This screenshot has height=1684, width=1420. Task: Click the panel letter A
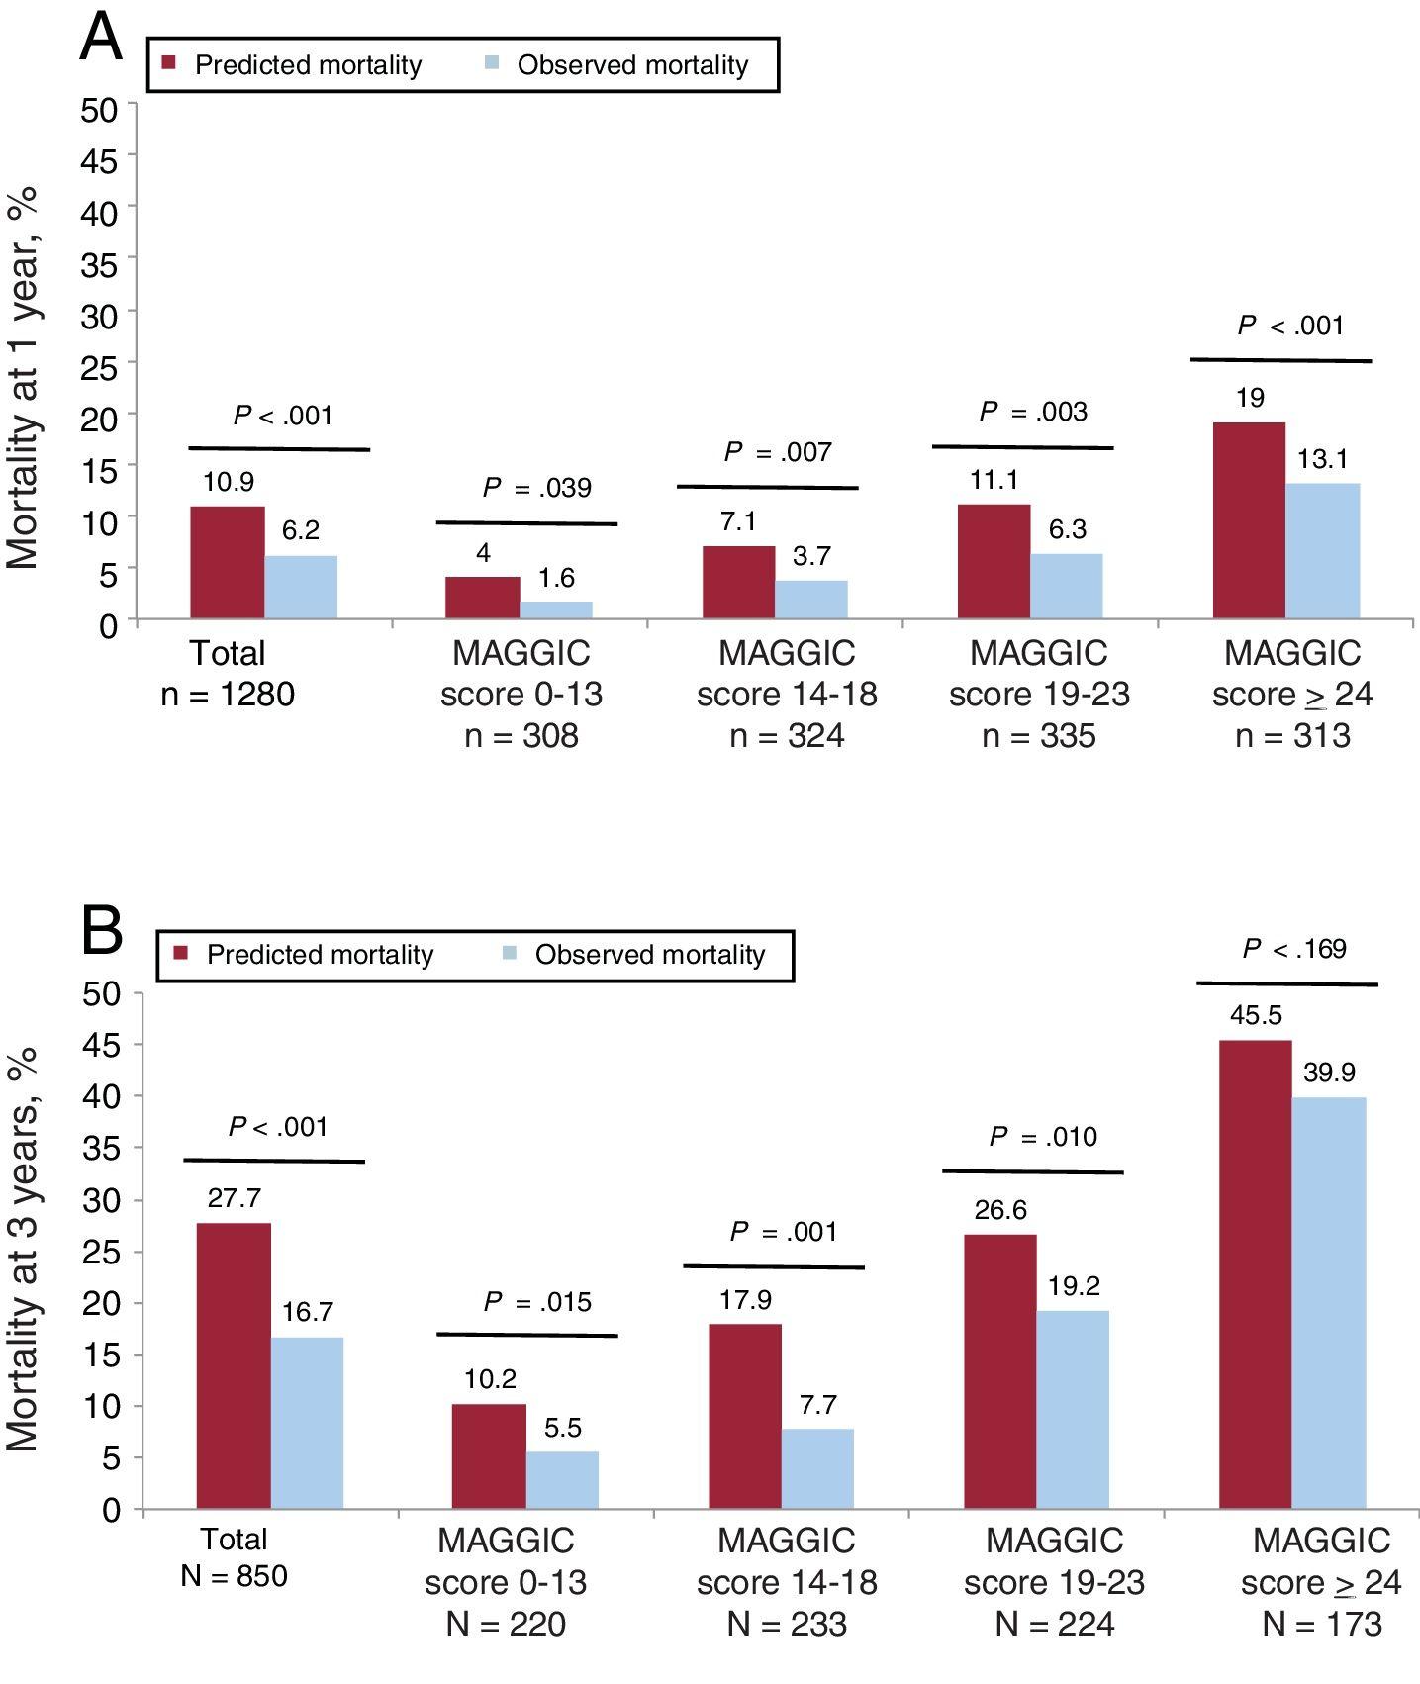coord(101,40)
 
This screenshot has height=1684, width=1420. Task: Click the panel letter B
coord(102,931)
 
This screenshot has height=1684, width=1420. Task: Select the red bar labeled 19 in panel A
coord(1249,521)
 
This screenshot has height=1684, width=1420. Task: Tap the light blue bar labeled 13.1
coord(1323,551)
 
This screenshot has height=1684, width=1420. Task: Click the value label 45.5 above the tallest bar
coord(1256,1016)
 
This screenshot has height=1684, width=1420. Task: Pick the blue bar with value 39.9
coord(1329,1303)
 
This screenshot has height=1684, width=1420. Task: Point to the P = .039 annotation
coord(537,488)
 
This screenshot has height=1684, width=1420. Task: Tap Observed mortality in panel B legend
coord(649,955)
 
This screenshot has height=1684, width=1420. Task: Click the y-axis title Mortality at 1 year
coord(24,377)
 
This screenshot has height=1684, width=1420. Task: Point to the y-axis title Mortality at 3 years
coord(24,1250)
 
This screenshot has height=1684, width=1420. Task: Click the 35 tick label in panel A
coord(98,263)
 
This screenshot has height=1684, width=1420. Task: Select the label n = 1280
coord(228,695)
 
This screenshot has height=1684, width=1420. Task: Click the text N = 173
coord(1322,1624)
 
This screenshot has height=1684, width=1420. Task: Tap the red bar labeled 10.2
coord(489,1455)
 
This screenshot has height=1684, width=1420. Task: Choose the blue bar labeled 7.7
coord(817,1468)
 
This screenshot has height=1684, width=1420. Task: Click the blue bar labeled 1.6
coord(556,610)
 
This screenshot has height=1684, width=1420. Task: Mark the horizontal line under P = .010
coord(1032,1171)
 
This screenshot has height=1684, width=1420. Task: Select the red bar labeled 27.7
coord(234,1365)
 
